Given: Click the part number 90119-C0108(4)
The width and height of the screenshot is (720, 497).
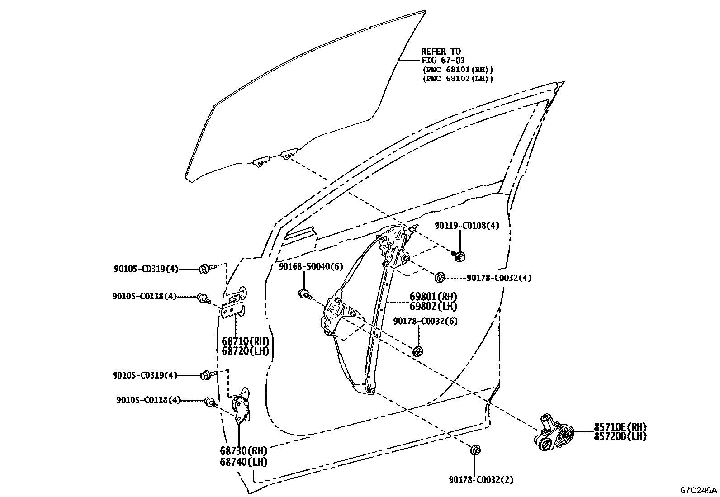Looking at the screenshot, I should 467,225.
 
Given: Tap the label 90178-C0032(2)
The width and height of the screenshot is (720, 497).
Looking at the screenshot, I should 481,480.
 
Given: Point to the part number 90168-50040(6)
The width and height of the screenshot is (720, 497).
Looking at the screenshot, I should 311,267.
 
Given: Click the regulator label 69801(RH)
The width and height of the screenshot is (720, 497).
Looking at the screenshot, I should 433,297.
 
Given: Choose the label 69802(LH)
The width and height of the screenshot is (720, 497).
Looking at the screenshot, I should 433,307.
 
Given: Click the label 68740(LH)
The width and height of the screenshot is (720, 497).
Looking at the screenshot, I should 244,462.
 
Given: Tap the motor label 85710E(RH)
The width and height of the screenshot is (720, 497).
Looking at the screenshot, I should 620,427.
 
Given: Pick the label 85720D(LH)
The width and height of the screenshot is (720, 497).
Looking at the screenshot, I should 620,436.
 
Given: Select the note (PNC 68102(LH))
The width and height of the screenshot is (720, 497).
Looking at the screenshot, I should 457,79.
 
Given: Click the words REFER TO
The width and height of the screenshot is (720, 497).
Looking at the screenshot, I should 441,51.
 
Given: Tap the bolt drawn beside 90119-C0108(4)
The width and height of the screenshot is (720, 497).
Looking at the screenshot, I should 458,256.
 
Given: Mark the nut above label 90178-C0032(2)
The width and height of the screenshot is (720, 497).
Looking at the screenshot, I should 475,450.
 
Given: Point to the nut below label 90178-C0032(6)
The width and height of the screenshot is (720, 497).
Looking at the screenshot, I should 418,351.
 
